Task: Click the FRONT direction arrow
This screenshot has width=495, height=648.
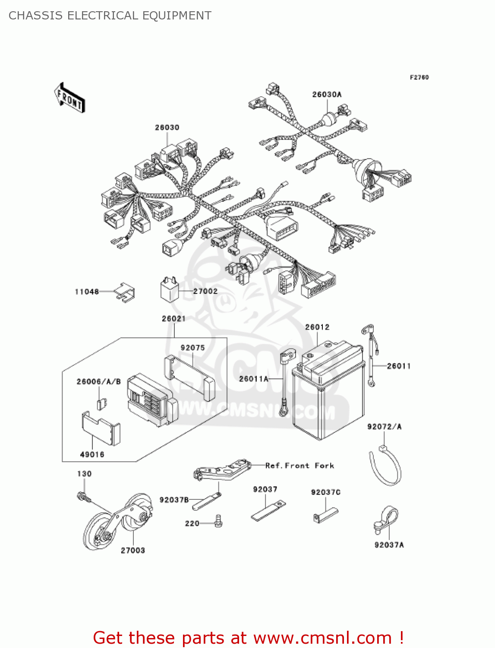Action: click(69, 98)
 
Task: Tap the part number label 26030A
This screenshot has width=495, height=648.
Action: click(327, 95)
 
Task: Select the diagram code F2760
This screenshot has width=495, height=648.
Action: click(419, 77)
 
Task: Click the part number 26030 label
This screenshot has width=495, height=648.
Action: click(167, 127)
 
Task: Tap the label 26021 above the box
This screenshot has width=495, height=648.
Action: click(173, 319)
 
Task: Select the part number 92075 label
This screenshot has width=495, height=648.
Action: click(192, 348)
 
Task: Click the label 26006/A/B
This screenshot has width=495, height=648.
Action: click(98, 381)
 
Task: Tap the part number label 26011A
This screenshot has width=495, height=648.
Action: click(254, 379)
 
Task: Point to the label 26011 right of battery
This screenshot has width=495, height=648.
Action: click(399, 366)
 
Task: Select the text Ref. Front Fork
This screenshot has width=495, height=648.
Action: click(300, 466)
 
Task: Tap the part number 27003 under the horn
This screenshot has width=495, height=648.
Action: click(133, 550)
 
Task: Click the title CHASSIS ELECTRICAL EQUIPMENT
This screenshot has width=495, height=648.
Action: click(110, 16)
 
